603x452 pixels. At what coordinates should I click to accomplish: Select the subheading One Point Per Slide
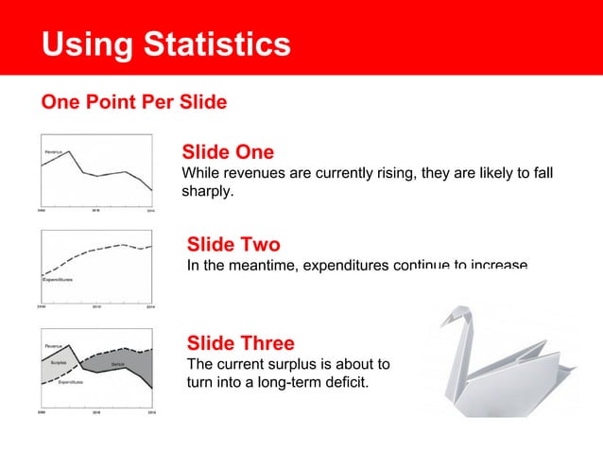pos(133,102)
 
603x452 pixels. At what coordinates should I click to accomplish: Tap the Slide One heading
pos(228,152)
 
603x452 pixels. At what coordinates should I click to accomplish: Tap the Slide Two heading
pos(233,246)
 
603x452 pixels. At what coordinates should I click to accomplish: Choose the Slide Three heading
pos(241,342)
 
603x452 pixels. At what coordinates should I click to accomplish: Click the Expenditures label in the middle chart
pos(60,280)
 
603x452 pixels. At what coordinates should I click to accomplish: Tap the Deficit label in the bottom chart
pos(118,363)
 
